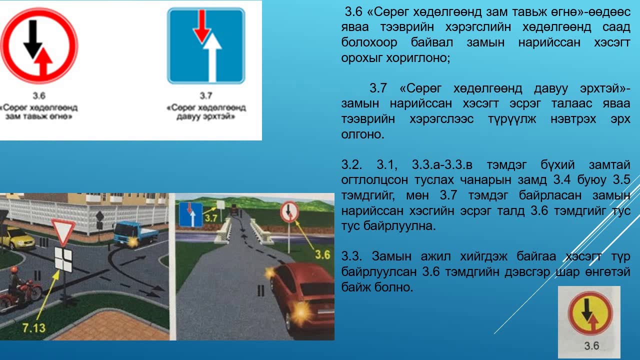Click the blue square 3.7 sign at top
pyautogui.click(x=206, y=45)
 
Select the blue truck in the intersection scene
pyautogui.click(x=131, y=234)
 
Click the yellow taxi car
pyautogui.click(x=17, y=238)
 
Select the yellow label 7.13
pyautogui.click(x=34, y=328)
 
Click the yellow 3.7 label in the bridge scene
pyautogui.click(x=211, y=218)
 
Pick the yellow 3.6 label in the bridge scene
pyautogui.click(x=322, y=254)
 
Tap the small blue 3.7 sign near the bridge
pyautogui.click(x=190, y=214)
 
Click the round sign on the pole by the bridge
pyautogui.click(x=289, y=211)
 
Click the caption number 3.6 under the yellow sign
pyautogui.click(x=591, y=345)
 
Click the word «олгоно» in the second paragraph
pyautogui.click(x=362, y=134)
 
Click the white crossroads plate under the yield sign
pyautogui.click(x=63, y=258)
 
